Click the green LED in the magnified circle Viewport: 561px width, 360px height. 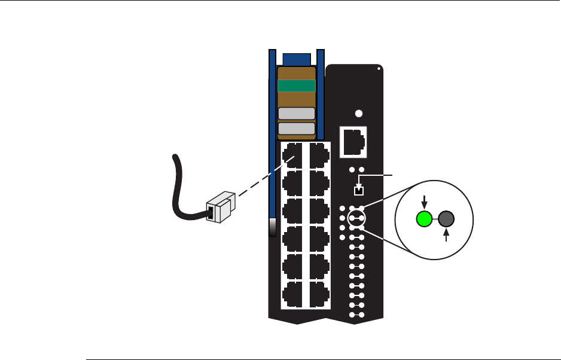pyautogui.click(x=424, y=219)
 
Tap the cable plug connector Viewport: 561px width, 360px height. pyautogui.click(x=219, y=205)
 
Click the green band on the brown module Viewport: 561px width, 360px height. pyautogui.click(x=297, y=86)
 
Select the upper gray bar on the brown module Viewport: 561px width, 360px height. pyautogui.click(x=297, y=114)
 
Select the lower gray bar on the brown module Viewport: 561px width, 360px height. pyautogui.click(x=297, y=129)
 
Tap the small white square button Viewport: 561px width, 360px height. pyautogui.click(x=358, y=191)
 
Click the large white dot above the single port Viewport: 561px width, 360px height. pyautogui.click(x=358, y=114)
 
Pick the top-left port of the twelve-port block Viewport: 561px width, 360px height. pyautogui.click(x=293, y=154)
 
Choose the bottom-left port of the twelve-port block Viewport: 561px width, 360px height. pyautogui.click(x=293, y=294)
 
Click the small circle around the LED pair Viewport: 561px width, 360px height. pyautogui.click(x=357, y=219)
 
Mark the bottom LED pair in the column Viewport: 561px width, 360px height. pyautogui.click(x=357, y=314)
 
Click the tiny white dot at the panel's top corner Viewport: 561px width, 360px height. pyautogui.click(x=379, y=68)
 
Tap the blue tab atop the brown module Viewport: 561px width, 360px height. pyautogui.click(x=297, y=59)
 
